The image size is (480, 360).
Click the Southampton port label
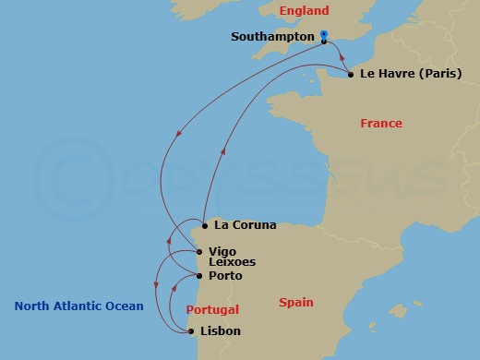click(x=274, y=38)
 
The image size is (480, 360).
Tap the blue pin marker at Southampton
click(x=324, y=36)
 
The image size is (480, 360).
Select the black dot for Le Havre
click(x=351, y=74)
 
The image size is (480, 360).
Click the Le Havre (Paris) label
click(x=411, y=74)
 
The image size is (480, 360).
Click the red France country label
click(x=381, y=124)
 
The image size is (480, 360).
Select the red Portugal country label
click(x=212, y=310)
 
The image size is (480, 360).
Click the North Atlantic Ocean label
click(x=79, y=306)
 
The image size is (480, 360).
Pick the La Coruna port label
click(x=245, y=224)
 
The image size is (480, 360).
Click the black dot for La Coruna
click(x=203, y=224)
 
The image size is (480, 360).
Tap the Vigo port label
click(x=222, y=250)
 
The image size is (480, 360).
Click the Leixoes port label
click(x=232, y=262)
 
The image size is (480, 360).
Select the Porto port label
click(x=226, y=275)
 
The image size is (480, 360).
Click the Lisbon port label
click(x=221, y=330)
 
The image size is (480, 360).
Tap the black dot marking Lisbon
click(x=192, y=330)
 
